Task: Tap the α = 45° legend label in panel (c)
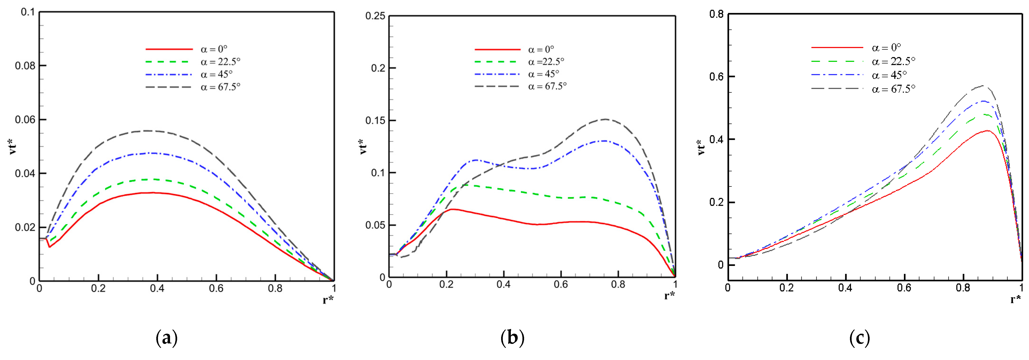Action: coord(889,75)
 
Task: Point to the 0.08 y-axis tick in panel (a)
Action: coord(25,65)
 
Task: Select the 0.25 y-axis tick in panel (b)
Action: coord(376,16)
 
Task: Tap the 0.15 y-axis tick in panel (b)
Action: coord(376,120)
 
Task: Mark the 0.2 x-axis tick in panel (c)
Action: coord(786,288)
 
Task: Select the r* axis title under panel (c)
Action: coord(1016,299)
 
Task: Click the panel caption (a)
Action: coord(166,338)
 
